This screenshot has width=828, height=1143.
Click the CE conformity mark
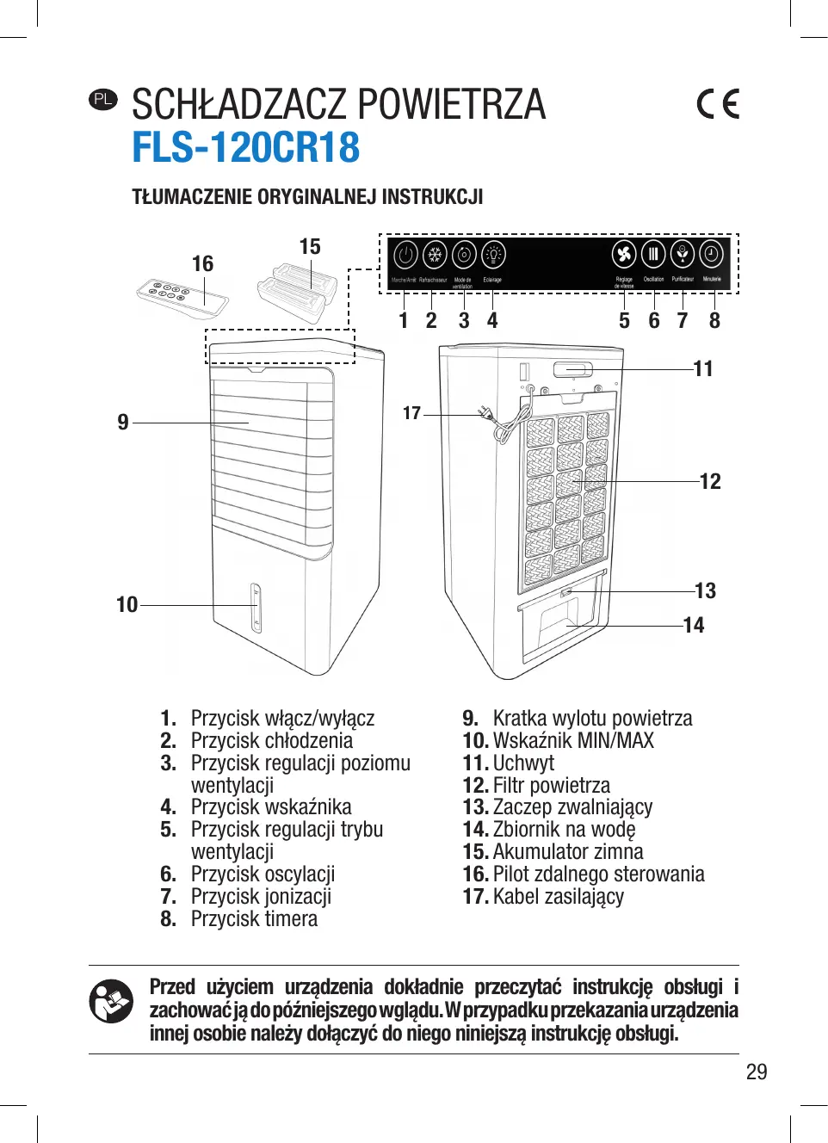tap(718, 104)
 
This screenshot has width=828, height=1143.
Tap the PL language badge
tap(102, 99)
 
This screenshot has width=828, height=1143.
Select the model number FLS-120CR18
tap(245, 147)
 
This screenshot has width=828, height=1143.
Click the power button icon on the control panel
tap(405, 255)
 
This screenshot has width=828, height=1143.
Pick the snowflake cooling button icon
tap(435, 255)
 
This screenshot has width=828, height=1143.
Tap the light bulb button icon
tap(493, 255)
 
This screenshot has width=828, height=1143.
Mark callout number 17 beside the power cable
tap(411, 413)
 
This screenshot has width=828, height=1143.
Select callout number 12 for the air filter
tap(710, 481)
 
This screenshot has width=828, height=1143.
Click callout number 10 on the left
tap(127, 605)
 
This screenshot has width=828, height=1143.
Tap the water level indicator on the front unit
tap(256, 608)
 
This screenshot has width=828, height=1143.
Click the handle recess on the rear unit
tap(572, 370)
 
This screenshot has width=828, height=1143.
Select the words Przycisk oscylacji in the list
tap(263, 874)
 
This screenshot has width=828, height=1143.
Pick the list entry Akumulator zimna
tap(568, 852)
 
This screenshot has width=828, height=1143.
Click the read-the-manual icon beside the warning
tap(111, 1001)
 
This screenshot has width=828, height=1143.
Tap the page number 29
tap(756, 1072)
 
